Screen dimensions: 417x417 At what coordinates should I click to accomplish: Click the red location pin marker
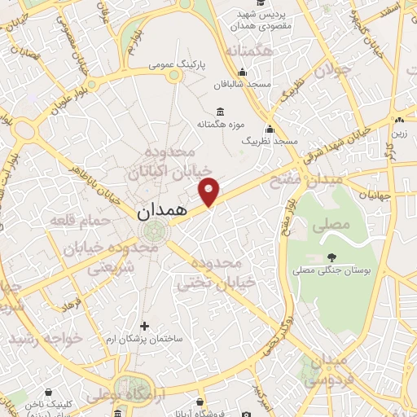(x=209, y=191)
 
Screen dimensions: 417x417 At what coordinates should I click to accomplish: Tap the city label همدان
(x=160, y=210)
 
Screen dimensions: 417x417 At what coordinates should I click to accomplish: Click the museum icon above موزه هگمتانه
(x=219, y=112)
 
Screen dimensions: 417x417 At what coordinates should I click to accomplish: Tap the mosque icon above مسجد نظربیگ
(x=270, y=129)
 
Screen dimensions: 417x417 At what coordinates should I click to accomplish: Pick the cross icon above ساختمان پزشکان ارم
(x=144, y=326)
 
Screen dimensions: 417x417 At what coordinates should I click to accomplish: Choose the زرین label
(x=400, y=132)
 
